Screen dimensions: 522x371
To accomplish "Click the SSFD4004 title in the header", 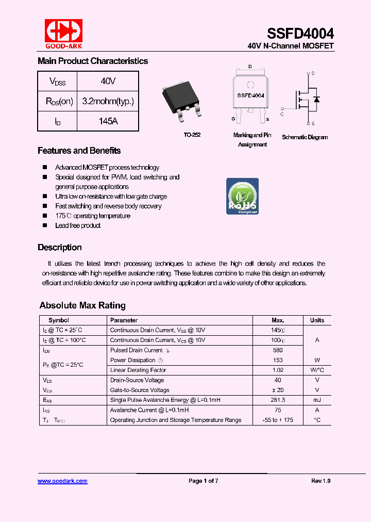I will [300, 34].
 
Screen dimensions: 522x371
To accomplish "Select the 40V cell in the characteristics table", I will [108, 81].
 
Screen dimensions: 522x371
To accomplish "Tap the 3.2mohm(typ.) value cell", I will [108, 101].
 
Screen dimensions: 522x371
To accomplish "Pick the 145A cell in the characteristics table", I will [108, 121].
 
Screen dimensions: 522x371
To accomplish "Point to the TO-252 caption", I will [192, 135].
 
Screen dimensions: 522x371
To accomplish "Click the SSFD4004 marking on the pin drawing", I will [250, 95].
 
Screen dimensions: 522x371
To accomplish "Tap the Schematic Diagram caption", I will [305, 137].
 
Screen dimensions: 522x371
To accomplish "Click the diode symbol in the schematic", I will [316, 99].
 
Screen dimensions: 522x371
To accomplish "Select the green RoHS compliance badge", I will [242, 197].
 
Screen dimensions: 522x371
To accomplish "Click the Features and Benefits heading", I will [79, 151].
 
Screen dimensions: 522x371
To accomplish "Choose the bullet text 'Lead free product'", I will [78, 225].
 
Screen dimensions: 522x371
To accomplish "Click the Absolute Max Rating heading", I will [82, 305].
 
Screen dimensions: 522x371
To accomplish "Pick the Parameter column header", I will [124, 320].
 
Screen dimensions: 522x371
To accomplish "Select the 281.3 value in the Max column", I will [278, 400].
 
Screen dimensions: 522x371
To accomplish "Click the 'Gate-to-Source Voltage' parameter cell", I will [140, 390].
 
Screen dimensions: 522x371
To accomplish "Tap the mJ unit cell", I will [317, 400].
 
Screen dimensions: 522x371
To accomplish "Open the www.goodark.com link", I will [62, 481].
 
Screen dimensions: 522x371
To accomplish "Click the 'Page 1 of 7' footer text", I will [204, 481].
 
